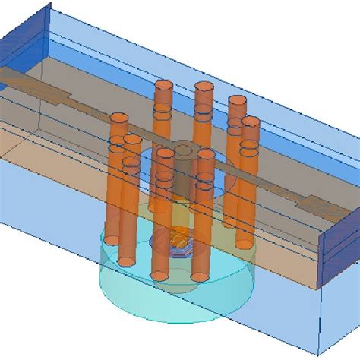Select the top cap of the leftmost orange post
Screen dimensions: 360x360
coord(118,118)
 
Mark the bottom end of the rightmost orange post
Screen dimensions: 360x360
coord(243,243)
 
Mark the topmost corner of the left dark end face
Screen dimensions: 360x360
coord(49,4)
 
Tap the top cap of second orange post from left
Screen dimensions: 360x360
coord(132,140)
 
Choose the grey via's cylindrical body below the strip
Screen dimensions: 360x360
coord(185,182)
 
